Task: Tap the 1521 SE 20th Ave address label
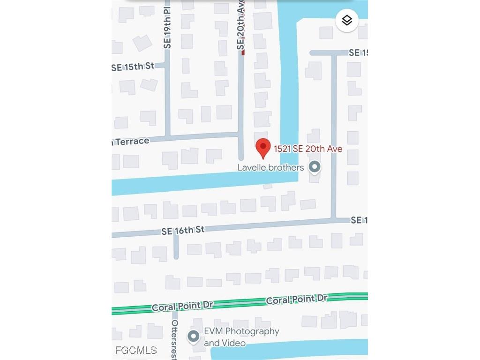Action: click(x=308, y=149)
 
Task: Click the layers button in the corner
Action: click(x=347, y=21)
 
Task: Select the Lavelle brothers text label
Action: click(x=270, y=167)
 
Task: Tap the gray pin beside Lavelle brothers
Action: click(x=315, y=167)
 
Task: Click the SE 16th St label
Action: click(x=183, y=230)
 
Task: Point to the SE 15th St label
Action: click(x=133, y=67)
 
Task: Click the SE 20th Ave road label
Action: click(x=241, y=30)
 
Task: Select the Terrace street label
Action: click(x=131, y=141)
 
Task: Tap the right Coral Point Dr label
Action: click(x=296, y=299)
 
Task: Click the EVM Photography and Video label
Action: click(x=241, y=337)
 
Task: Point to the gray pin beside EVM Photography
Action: click(x=193, y=336)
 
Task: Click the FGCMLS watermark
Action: click(x=136, y=350)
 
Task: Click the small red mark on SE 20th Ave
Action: click(x=243, y=52)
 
